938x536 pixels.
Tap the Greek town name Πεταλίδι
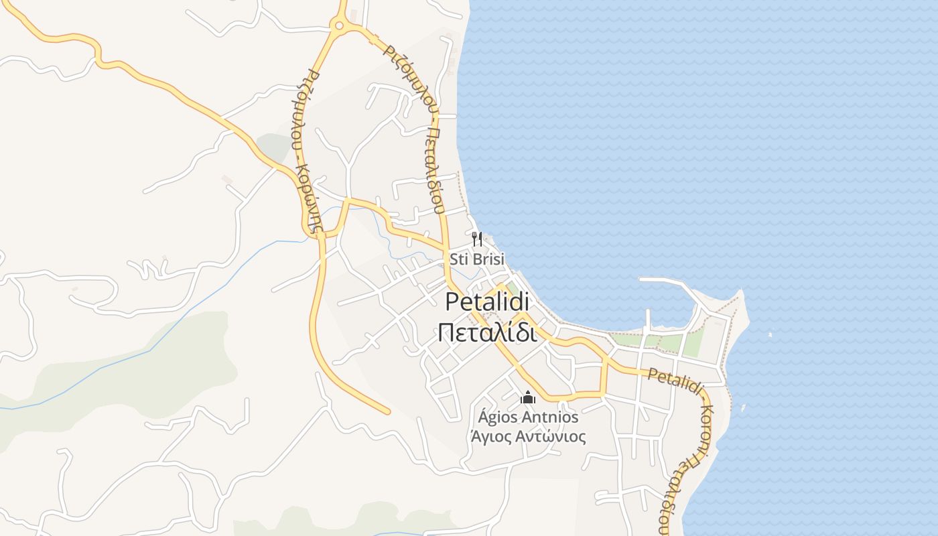click(487, 332)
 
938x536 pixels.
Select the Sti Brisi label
click(476, 259)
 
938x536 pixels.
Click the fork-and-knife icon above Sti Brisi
click(477, 239)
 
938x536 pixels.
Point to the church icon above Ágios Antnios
click(528, 398)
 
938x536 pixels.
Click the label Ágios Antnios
click(528, 417)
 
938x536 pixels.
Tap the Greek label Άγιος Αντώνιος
click(528, 437)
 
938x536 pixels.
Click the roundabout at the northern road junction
click(339, 27)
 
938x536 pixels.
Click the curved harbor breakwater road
click(677, 285)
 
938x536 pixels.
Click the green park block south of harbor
click(691, 344)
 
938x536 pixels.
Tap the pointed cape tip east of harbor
click(741, 292)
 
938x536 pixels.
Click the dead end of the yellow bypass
click(387, 411)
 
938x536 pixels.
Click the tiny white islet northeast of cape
click(769, 334)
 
